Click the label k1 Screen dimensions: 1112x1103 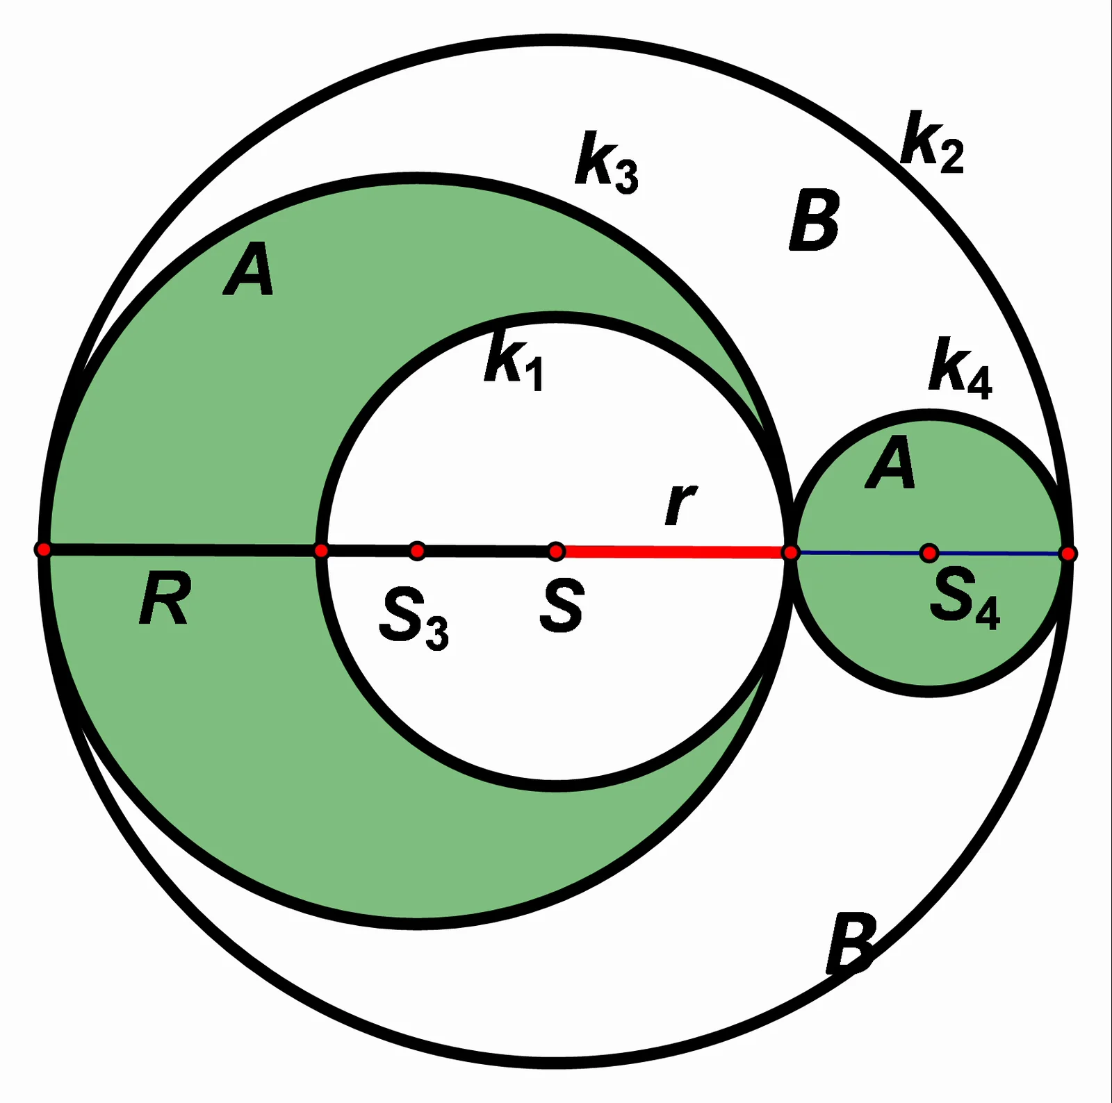pos(514,360)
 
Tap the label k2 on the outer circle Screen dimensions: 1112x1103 pos(931,140)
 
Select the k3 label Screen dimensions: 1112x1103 pos(606,161)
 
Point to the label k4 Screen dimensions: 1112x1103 pos(960,368)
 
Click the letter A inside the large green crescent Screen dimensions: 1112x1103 pos(248,269)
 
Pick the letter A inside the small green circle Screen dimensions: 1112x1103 pos(890,462)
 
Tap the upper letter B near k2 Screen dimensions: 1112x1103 pos(815,222)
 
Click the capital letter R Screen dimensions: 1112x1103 pos(165,598)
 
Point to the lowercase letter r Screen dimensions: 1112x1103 pos(680,504)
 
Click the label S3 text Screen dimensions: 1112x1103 pos(414,617)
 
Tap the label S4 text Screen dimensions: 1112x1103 pos(965,597)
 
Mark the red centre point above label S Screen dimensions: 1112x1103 pos(556,551)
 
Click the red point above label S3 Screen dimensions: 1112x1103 pos(417,551)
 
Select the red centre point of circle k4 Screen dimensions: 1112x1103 pos(929,553)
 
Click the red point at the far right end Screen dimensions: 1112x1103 pos(1069,554)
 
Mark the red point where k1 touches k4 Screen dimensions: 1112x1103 pos(791,553)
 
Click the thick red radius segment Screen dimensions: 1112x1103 pos(673,552)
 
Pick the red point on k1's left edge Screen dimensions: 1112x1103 pos(321,551)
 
